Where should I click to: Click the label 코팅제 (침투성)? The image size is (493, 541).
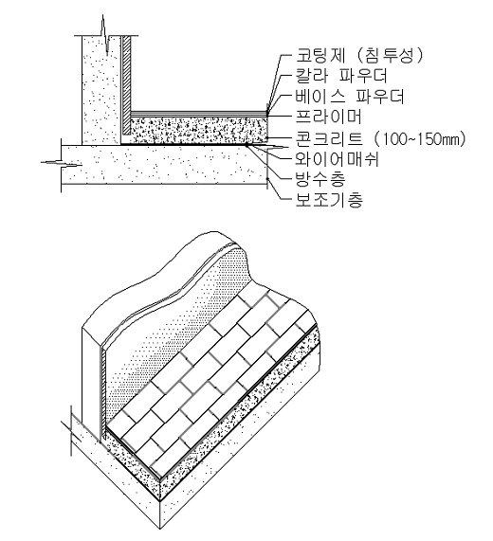[x=358, y=56]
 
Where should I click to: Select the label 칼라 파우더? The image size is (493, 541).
[x=341, y=76]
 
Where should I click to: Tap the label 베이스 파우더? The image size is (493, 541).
[x=350, y=97]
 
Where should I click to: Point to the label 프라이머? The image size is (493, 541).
[x=328, y=117]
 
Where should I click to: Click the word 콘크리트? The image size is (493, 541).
[x=329, y=138]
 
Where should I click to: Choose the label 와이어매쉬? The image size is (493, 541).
[x=337, y=159]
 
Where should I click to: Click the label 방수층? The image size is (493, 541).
[x=320, y=179]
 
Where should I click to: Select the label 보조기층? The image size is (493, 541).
[x=329, y=199]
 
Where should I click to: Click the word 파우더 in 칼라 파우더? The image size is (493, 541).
[x=362, y=76]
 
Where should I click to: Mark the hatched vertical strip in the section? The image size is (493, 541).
[x=127, y=85]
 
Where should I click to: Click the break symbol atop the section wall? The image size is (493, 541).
[x=105, y=35]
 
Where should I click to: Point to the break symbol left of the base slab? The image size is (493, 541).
[x=62, y=163]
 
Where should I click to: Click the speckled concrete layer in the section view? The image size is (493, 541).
[x=198, y=131]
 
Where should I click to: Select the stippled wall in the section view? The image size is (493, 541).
[x=101, y=90]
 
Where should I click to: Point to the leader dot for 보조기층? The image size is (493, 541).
[x=268, y=179]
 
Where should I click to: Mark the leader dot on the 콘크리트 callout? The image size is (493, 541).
[x=268, y=138]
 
